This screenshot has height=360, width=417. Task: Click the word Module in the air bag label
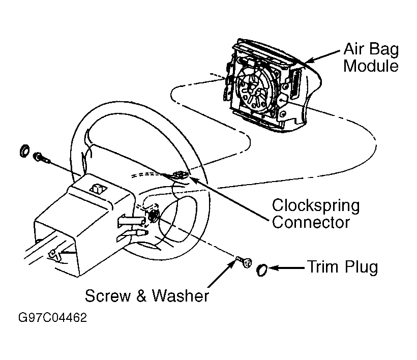pyautogui.click(x=371, y=66)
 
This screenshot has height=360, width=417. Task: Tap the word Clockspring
pyautogui.click(x=316, y=206)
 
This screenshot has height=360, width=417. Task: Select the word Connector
pyautogui.click(x=311, y=222)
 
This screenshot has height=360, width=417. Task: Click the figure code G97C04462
pyautogui.click(x=52, y=318)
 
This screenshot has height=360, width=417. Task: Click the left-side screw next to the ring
pyautogui.click(x=40, y=158)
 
